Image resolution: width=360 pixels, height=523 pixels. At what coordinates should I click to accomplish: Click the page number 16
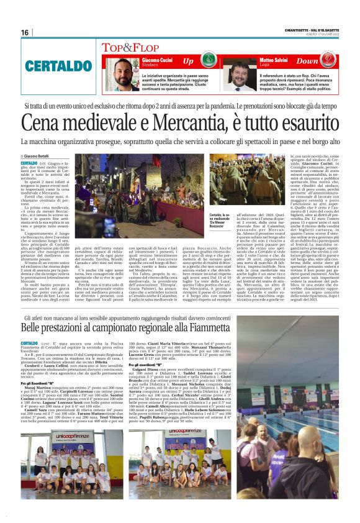tap(25, 32)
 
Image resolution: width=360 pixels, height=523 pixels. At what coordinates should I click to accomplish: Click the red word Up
tap(189, 61)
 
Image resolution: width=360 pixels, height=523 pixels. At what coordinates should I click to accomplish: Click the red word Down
tap(324, 61)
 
